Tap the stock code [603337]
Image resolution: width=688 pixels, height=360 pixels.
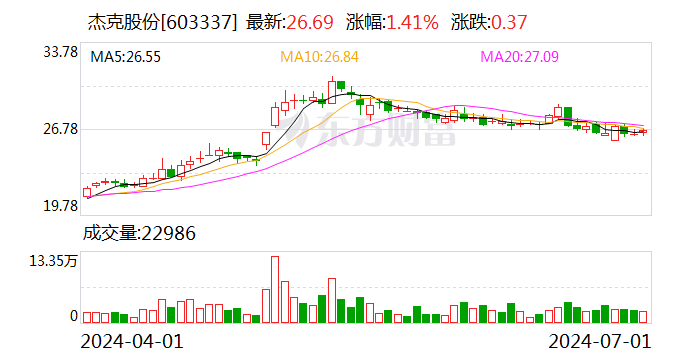pyautogui.click(x=202, y=21)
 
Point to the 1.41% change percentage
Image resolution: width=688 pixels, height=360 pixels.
pyautogui.click(x=407, y=21)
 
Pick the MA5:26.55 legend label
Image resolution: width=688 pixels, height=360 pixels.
pyautogui.click(x=126, y=57)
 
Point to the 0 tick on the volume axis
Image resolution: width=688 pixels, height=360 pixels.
pyautogui.click(x=73, y=316)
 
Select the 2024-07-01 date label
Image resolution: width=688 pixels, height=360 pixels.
pyautogui.click(x=595, y=342)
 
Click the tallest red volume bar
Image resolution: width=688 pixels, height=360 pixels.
pyautogui.click(x=275, y=290)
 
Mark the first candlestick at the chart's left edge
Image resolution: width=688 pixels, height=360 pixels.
pyautogui.click(x=87, y=191)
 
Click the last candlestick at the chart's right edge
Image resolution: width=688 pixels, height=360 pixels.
pyautogui.click(x=643, y=131)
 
